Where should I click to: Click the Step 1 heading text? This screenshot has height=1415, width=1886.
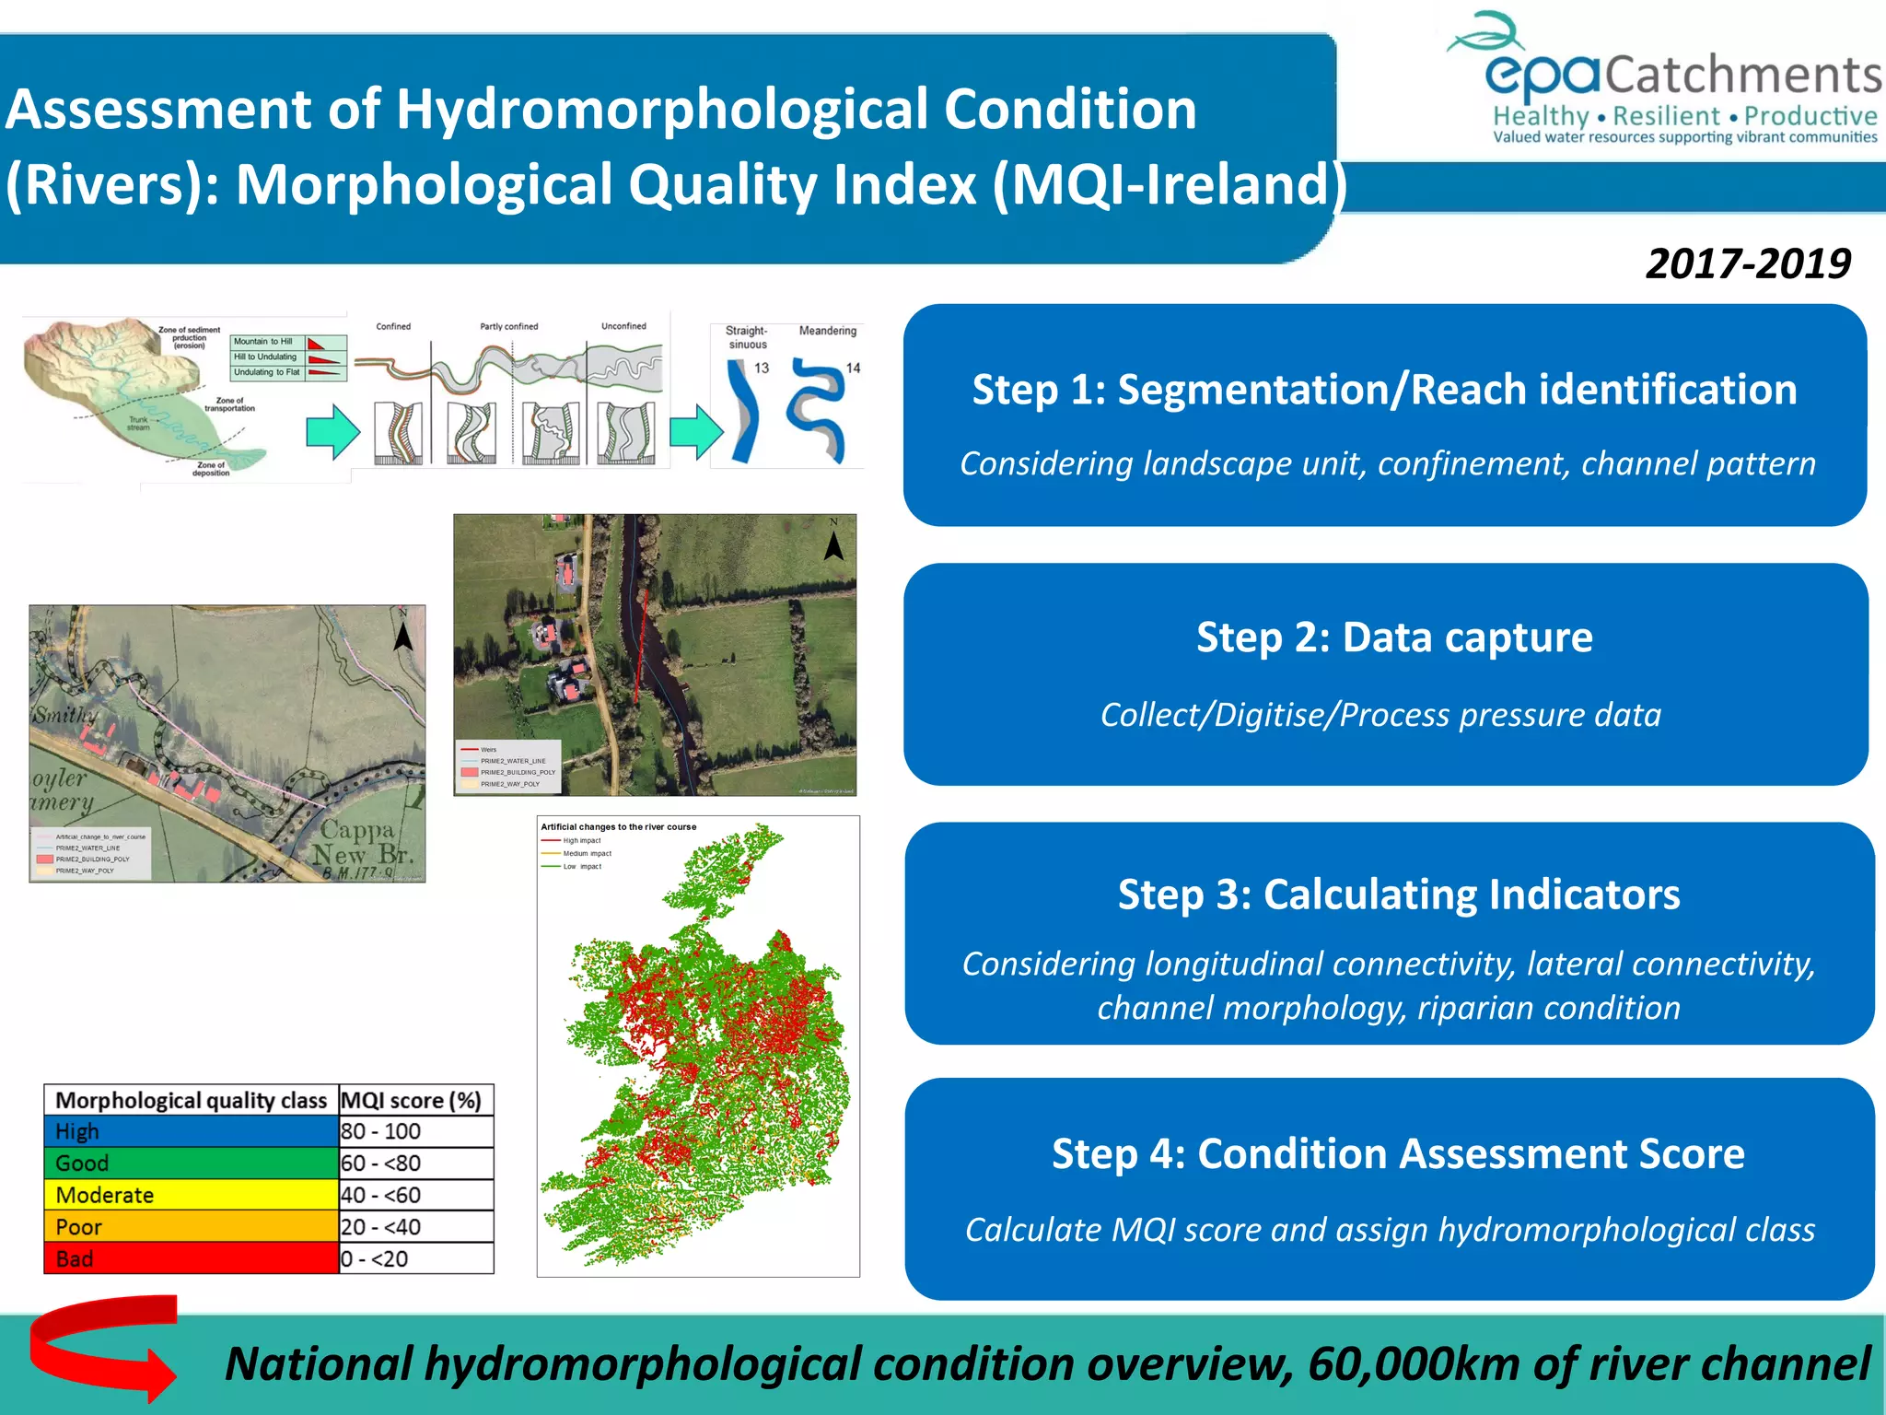1384,390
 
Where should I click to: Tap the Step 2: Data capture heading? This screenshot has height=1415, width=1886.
1393,637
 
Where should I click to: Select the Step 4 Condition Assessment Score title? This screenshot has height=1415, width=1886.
1397,1153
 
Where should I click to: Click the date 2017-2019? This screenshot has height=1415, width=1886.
1747,264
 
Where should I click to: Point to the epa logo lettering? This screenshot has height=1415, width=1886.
1543,74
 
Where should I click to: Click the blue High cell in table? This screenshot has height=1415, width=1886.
192,1131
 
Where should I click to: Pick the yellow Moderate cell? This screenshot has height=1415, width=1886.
192,1195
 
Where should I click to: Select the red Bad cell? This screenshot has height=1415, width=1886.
192,1258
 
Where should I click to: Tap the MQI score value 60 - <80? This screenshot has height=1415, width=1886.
381,1164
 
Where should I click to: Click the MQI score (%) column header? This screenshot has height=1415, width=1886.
412,1101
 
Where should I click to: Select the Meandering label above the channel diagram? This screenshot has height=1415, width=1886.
827,331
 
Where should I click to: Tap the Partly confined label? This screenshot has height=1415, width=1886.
508,326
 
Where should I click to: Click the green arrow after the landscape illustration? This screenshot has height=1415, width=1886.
332,432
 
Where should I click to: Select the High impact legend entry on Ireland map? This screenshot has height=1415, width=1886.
580,840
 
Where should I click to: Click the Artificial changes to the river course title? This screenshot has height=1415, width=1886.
618,826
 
